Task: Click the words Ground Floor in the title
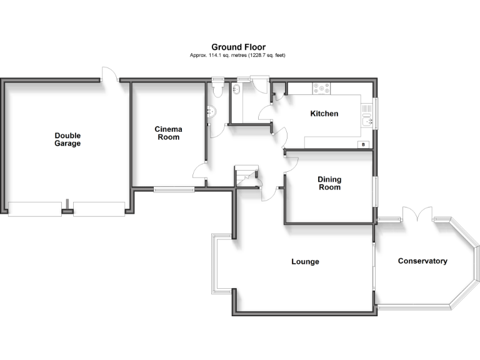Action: [238, 47]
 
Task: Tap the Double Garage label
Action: [67, 139]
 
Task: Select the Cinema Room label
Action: [167, 133]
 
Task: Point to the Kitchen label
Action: [324, 114]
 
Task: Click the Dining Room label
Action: [330, 183]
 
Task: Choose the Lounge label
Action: [305, 261]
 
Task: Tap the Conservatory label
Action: [422, 261]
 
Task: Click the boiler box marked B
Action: [362, 145]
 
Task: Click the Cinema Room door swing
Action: [200, 171]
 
